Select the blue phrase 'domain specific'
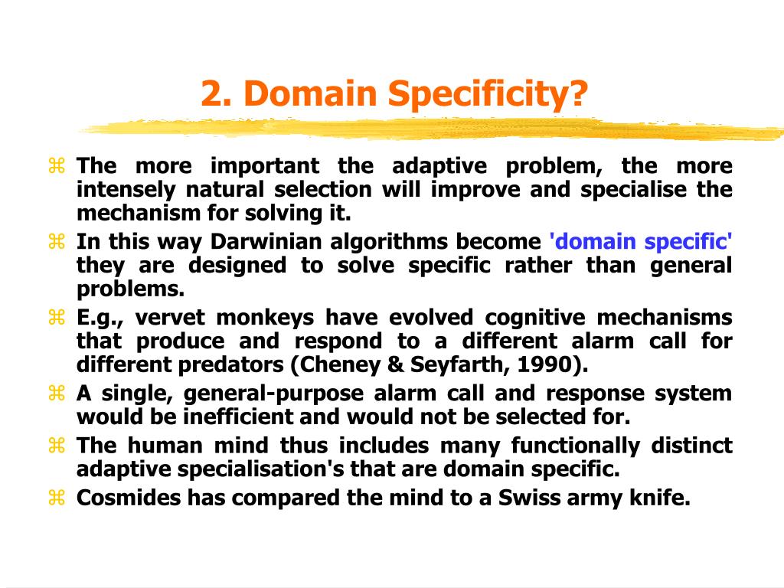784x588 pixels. click(x=641, y=242)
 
